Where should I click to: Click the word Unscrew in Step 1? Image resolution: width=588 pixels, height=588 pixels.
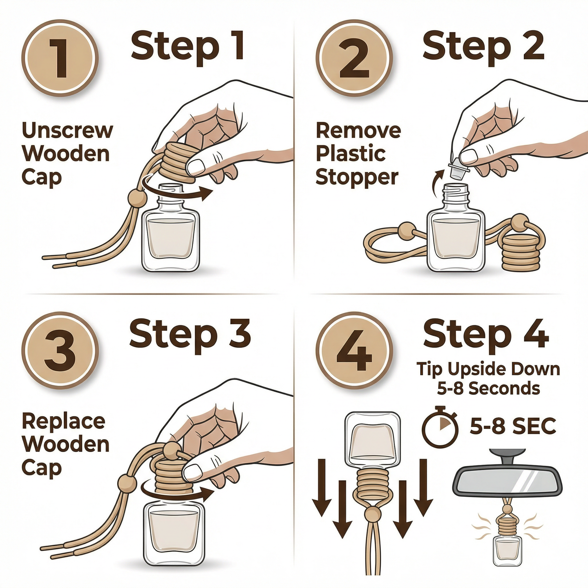coord(67,130)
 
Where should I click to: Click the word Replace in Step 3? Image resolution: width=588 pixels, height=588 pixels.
coord(63,422)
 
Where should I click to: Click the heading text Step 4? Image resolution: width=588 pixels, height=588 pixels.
coord(486,335)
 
